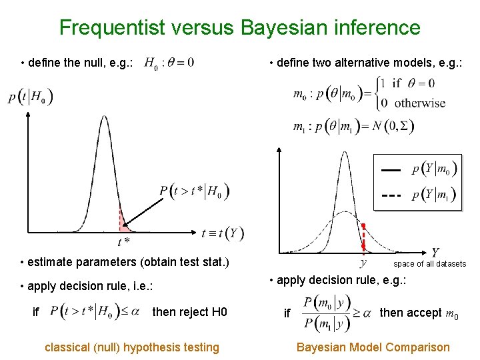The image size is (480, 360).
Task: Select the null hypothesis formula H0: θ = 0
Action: (x=169, y=63)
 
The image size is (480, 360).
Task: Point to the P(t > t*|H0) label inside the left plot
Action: (x=195, y=192)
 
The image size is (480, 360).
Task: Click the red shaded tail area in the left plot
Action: (x=123, y=221)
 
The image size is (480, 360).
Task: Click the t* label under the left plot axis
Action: (x=123, y=241)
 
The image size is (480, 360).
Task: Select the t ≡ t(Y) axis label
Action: (x=223, y=233)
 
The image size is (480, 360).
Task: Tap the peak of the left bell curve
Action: (x=104, y=117)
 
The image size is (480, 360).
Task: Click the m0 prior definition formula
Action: (x=369, y=93)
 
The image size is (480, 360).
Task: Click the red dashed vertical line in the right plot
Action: (x=363, y=237)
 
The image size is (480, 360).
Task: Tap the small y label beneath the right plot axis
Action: (x=363, y=263)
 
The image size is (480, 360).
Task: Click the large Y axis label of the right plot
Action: (x=435, y=253)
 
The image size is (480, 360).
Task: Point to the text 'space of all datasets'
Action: (x=430, y=264)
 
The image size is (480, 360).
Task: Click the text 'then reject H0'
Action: (x=190, y=312)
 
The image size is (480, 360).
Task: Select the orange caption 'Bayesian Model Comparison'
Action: (x=373, y=347)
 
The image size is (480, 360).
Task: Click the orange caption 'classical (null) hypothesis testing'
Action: (x=131, y=347)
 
